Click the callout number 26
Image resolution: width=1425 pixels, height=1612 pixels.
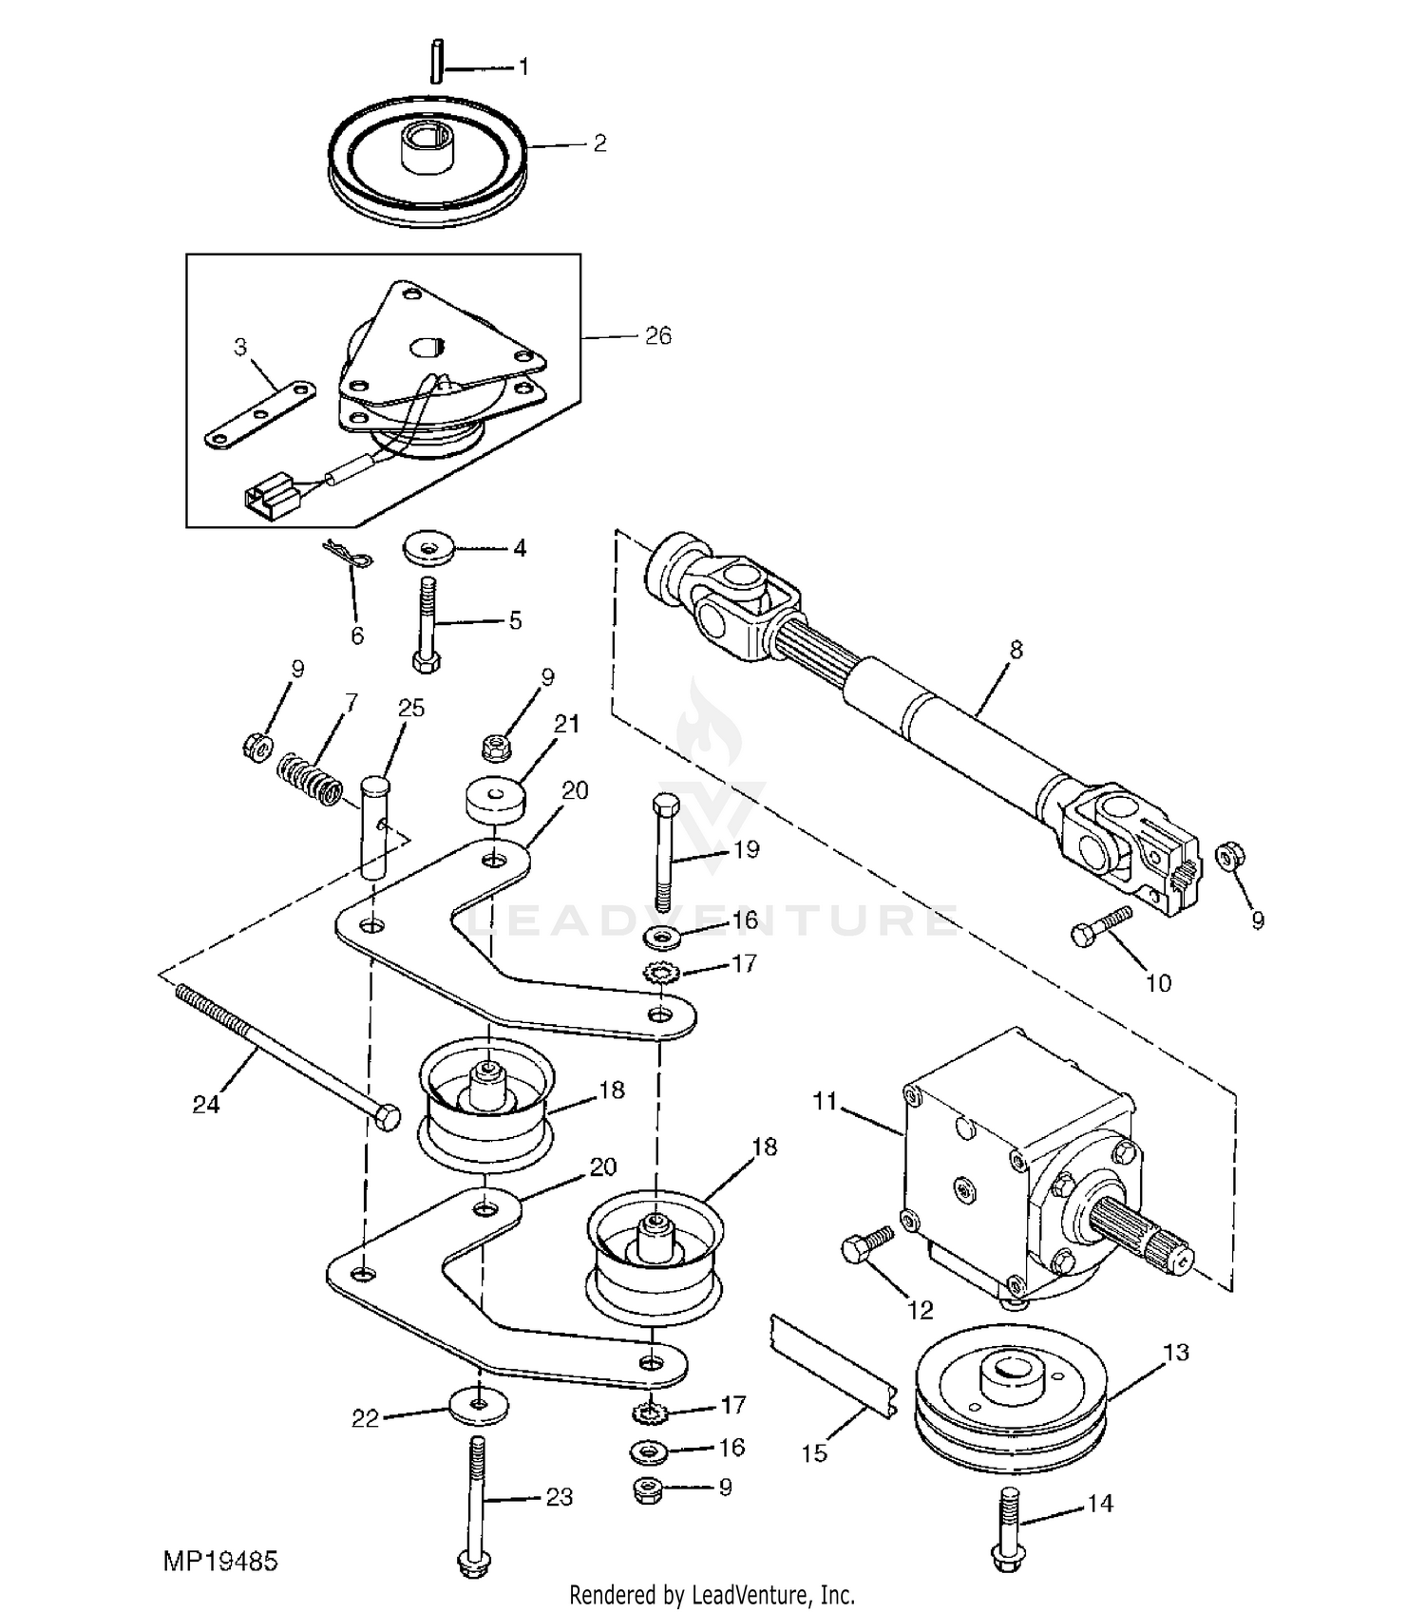[657, 336]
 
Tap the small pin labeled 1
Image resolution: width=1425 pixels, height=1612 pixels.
[436, 62]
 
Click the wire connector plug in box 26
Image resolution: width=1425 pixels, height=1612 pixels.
[269, 498]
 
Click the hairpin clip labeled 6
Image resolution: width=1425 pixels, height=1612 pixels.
[349, 559]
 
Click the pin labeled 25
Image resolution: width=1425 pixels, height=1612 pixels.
[377, 827]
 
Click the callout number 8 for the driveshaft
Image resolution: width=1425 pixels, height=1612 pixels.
[1016, 651]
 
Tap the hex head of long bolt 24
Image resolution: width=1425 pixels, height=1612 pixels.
[388, 1117]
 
